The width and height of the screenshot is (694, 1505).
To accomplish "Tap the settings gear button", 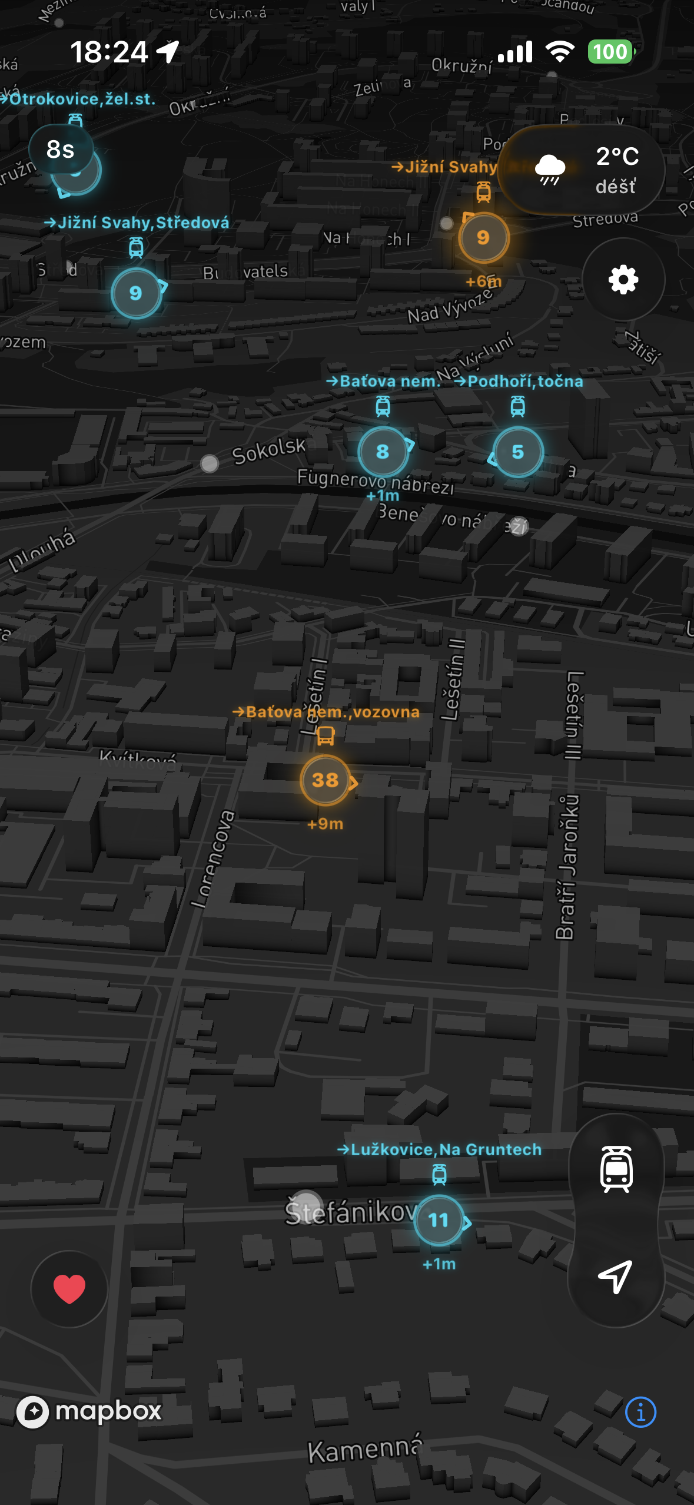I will pyautogui.click(x=623, y=279).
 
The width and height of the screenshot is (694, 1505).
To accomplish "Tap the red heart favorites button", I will pyautogui.click(x=69, y=1288).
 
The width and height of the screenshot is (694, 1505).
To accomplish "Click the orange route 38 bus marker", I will pyautogui.click(x=326, y=780).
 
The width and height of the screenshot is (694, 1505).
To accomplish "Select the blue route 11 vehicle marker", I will pyautogui.click(x=439, y=1220).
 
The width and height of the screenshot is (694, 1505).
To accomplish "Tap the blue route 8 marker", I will pyautogui.click(x=383, y=452).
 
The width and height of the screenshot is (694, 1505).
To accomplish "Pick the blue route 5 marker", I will pyautogui.click(x=517, y=452).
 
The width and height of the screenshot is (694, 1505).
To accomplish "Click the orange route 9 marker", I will pyautogui.click(x=483, y=237).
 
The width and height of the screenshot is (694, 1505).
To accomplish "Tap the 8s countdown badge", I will pyautogui.click(x=61, y=150).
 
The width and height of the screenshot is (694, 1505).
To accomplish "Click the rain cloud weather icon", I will pyautogui.click(x=550, y=170).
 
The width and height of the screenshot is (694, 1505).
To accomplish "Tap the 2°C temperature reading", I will pyautogui.click(x=617, y=156).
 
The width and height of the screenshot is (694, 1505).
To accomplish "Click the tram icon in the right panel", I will pyautogui.click(x=616, y=1169).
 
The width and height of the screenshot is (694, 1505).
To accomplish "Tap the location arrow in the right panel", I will pyautogui.click(x=616, y=1277).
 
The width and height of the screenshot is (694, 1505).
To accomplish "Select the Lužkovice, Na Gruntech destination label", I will pyautogui.click(x=439, y=1149).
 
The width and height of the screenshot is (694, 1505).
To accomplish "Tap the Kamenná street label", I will pyautogui.click(x=365, y=1450).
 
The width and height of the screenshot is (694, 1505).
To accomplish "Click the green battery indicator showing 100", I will pyautogui.click(x=610, y=52).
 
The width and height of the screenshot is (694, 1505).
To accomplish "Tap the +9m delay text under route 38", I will pyautogui.click(x=326, y=824).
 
